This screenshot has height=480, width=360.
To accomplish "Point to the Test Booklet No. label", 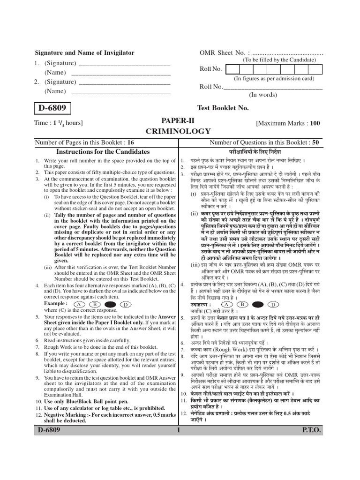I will point(222,108).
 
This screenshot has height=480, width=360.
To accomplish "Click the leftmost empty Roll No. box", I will point(232,69).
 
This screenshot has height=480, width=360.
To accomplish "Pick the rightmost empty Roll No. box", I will point(316,69).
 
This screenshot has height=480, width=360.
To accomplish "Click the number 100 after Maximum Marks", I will point(314,124).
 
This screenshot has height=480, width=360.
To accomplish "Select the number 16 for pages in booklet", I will point(130,142).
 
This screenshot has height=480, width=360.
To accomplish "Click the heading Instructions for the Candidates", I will point(103,152).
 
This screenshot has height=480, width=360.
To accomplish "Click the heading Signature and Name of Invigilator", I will point(85,53).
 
